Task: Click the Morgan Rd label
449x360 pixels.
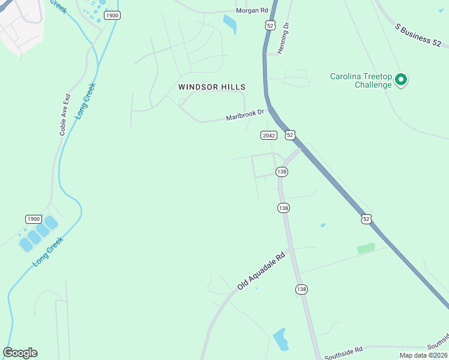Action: click(252, 11)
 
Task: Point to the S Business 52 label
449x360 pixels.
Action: click(422, 34)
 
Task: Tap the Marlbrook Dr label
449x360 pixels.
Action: click(245, 114)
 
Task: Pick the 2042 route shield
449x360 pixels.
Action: click(268, 136)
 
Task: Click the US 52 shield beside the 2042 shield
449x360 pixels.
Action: click(290, 136)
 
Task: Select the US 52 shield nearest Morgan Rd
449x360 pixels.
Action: click(270, 25)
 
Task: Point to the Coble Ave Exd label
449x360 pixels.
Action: click(65, 114)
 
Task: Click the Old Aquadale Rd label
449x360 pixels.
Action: click(261, 272)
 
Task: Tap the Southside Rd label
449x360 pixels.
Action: click(342, 350)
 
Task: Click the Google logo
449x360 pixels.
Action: click(20, 353)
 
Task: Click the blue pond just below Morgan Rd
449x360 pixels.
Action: click(229, 23)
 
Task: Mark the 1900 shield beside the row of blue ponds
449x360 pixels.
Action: click(33, 219)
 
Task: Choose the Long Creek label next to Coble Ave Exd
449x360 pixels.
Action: click(86, 101)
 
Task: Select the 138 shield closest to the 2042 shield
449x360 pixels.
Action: click(282, 172)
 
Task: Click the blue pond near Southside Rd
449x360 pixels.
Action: click(280, 339)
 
